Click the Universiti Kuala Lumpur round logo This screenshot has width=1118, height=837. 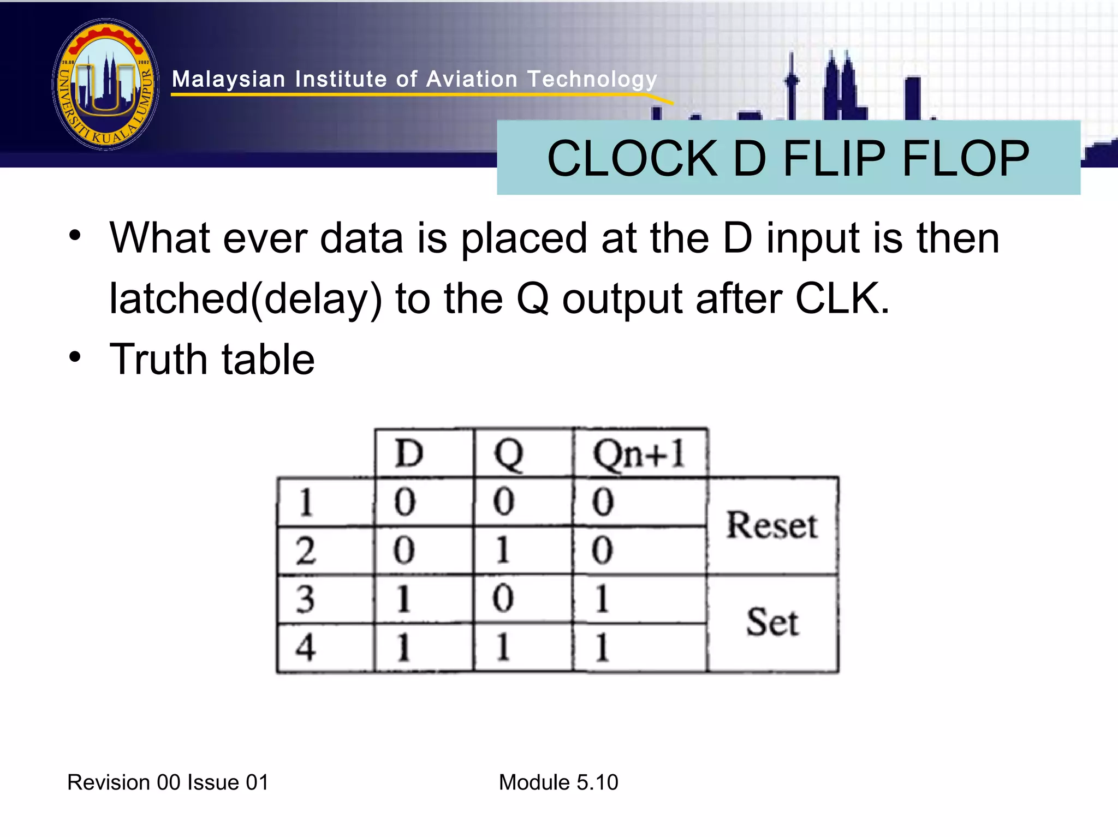pyautogui.click(x=106, y=85)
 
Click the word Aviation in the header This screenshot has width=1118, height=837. pyautogui.click(x=472, y=79)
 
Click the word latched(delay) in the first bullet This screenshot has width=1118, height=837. pyautogui.click(x=246, y=299)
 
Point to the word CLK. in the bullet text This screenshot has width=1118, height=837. pyautogui.click(x=842, y=298)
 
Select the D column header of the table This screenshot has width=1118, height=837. pyautogui.click(x=409, y=453)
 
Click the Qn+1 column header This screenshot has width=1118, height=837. pyautogui.click(x=639, y=454)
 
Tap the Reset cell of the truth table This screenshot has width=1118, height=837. pyautogui.click(x=771, y=525)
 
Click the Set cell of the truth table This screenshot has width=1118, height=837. pyautogui.click(x=772, y=622)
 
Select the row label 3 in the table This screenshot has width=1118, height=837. pyautogui.click(x=306, y=599)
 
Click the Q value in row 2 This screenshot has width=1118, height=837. pyautogui.click(x=503, y=550)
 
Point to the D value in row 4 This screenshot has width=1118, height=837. pyautogui.click(x=404, y=648)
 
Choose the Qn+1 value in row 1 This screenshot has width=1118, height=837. pyautogui.click(x=603, y=501)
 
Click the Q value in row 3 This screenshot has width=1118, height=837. pyautogui.click(x=503, y=599)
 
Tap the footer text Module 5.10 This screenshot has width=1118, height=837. pyautogui.click(x=558, y=782)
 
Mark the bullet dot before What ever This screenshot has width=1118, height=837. pyautogui.click(x=75, y=237)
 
